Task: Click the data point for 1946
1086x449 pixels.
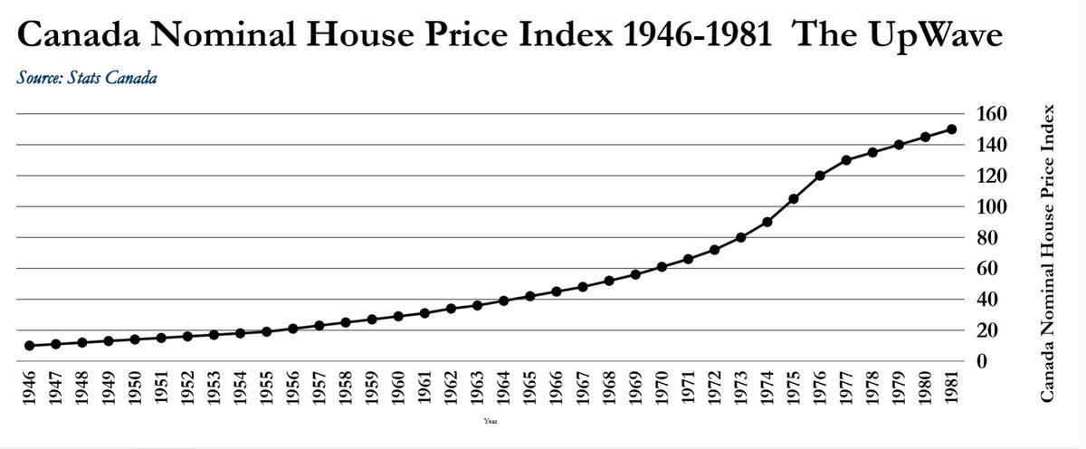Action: coord(30,346)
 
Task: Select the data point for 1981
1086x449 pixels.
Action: coord(951,129)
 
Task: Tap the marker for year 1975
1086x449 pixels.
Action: coord(794,198)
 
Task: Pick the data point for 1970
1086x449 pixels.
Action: coord(662,267)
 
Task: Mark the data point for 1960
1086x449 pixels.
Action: coord(398,316)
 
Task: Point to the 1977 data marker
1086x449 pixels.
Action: coord(846,160)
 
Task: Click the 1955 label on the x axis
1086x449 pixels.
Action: coord(267,391)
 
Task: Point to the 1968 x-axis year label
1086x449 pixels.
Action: coord(609,391)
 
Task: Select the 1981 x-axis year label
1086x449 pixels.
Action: coord(951,391)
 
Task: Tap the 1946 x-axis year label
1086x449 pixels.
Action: coord(30,391)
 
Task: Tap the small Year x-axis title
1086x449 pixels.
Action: coord(490,421)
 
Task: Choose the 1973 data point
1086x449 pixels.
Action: coord(741,237)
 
